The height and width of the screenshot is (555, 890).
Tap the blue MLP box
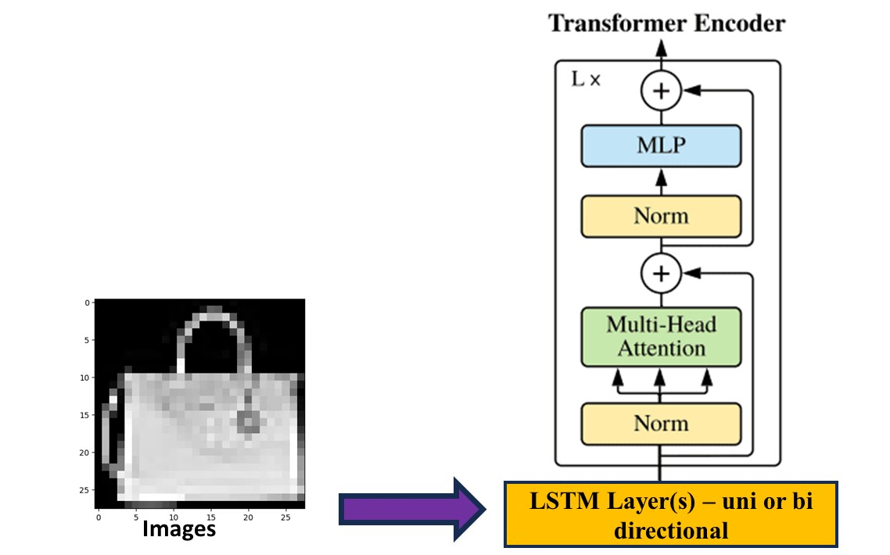click(x=661, y=146)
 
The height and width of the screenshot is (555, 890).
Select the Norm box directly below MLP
click(x=661, y=216)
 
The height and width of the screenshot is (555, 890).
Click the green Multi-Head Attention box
click(x=661, y=336)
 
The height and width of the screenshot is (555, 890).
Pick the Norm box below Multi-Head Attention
click(x=661, y=424)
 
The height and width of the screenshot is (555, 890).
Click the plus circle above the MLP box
click(x=661, y=91)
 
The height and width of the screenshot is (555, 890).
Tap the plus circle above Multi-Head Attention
click(x=661, y=274)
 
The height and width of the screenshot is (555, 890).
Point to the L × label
click(x=586, y=80)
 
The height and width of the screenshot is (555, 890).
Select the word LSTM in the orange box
click(x=557, y=500)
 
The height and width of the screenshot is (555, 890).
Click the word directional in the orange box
click(x=671, y=531)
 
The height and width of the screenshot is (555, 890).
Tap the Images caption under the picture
click(x=178, y=529)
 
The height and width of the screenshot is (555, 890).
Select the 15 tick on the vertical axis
click(x=86, y=415)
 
